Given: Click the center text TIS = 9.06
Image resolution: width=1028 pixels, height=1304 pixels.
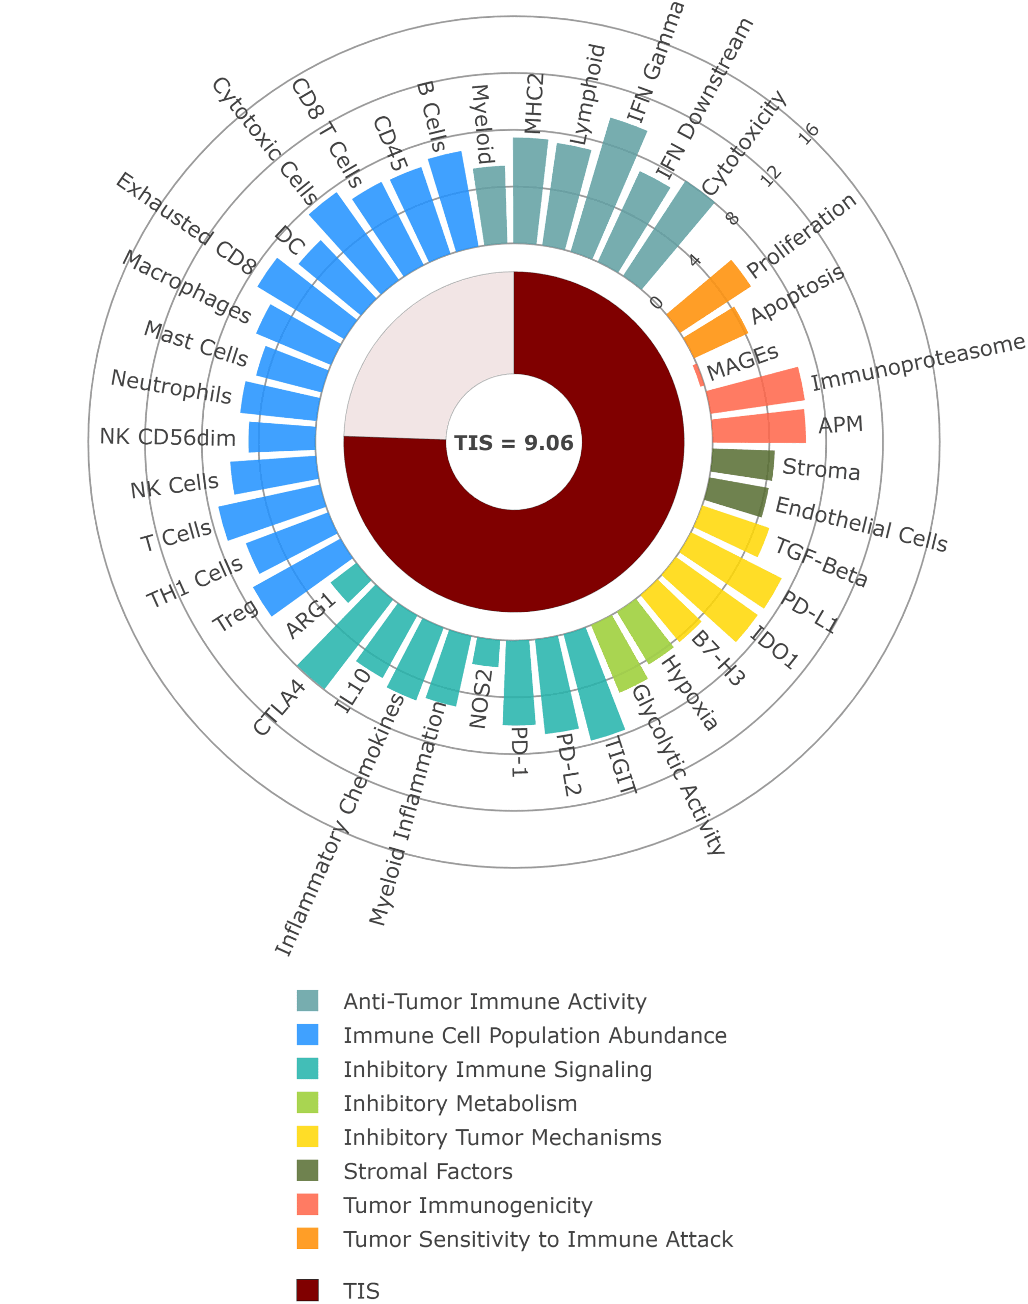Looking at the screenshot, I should click(513, 443).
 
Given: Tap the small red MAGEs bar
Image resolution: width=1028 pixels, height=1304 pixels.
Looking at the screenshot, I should click(698, 374).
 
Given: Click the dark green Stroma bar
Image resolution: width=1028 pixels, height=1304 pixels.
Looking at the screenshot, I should click(742, 464).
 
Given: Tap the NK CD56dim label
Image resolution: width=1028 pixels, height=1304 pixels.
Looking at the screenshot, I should click(168, 437).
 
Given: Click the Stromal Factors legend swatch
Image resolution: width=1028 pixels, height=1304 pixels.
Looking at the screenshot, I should click(308, 1171).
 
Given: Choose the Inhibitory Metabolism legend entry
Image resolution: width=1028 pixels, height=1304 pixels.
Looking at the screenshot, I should click(460, 1103).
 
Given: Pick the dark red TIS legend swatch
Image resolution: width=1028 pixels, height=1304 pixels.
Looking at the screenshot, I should click(308, 1290).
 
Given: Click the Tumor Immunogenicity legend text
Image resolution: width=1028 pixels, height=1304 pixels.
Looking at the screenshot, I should click(468, 1205).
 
